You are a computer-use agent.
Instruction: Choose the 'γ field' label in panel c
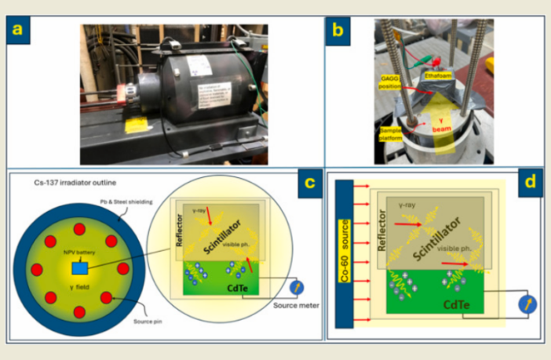click(x=78, y=299)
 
